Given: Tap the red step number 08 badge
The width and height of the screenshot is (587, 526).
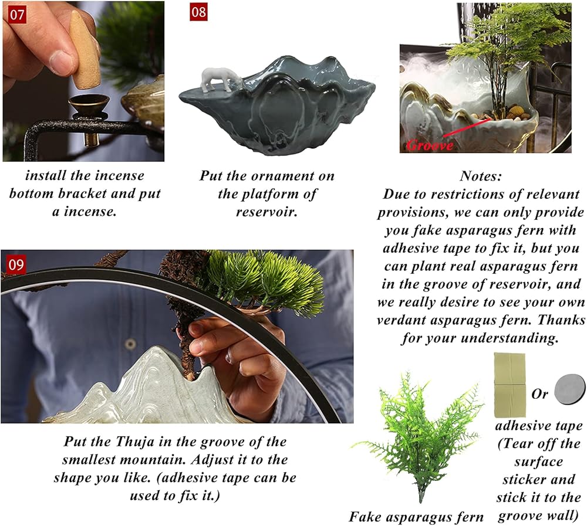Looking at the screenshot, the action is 198,12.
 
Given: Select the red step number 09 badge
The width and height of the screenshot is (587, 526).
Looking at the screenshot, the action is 16,264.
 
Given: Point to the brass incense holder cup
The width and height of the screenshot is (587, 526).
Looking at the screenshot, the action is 89,104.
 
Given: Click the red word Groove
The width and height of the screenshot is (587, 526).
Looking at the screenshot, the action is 430,145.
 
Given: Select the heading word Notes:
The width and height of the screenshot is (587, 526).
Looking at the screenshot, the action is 480,176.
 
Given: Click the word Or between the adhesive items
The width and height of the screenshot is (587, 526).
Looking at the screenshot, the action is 539,393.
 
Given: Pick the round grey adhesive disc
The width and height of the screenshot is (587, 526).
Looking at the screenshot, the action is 569,390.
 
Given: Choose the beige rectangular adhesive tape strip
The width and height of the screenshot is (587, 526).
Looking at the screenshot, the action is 510,385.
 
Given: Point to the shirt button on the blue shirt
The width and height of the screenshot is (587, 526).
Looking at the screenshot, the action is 130,344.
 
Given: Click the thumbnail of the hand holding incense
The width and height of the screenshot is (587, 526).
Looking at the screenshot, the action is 83,82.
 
